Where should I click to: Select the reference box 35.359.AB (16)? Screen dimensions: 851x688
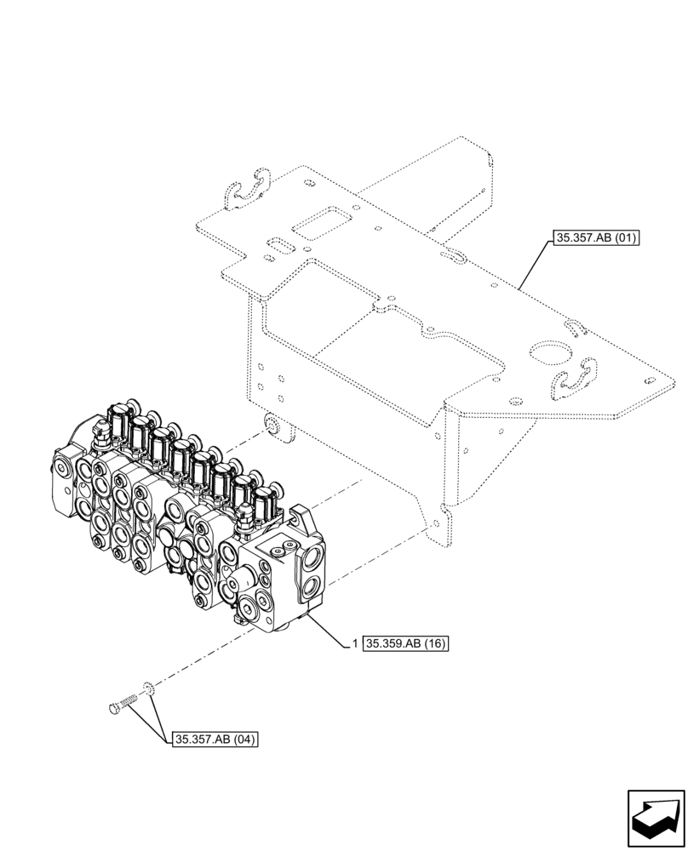tap(406, 643)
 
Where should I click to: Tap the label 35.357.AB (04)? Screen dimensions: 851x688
tap(215, 739)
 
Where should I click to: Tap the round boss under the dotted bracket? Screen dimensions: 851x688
tap(271, 424)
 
